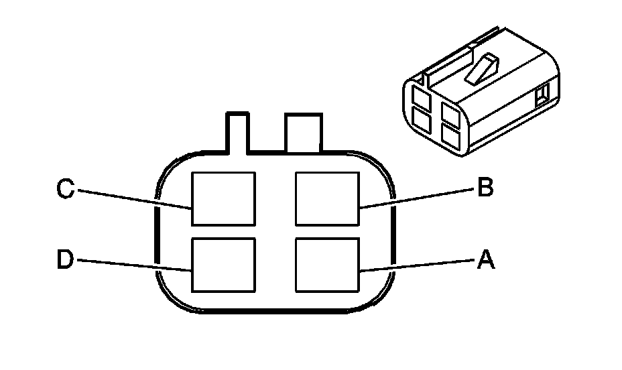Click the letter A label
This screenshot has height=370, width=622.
(x=485, y=259)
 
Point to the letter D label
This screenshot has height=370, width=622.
(x=64, y=260)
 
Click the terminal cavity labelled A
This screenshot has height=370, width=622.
(x=326, y=265)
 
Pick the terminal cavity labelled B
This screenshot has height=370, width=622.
(x=326, y=198)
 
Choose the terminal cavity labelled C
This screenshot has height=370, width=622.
(x=223, y=198)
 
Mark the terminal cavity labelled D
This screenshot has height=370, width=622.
(x=223, y=265)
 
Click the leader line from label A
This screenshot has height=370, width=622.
(x=416, y=265)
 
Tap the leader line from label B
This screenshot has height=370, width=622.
(x=416, y=198)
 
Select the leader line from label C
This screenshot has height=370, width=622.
(x=134, y=198)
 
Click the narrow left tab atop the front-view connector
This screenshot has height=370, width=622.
(x=237, y=131)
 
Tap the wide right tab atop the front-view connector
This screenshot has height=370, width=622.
(x=304, y=131)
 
